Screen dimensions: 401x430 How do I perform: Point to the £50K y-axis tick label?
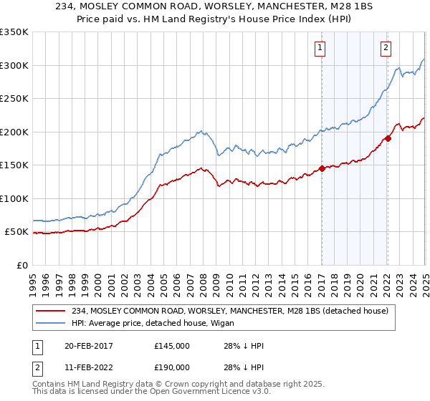tap(16, 232)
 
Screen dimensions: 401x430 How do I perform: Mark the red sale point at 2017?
tap(322, 168)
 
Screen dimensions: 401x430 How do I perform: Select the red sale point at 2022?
tap(388, 138)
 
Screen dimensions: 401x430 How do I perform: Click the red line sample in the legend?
tap(50, 311)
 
